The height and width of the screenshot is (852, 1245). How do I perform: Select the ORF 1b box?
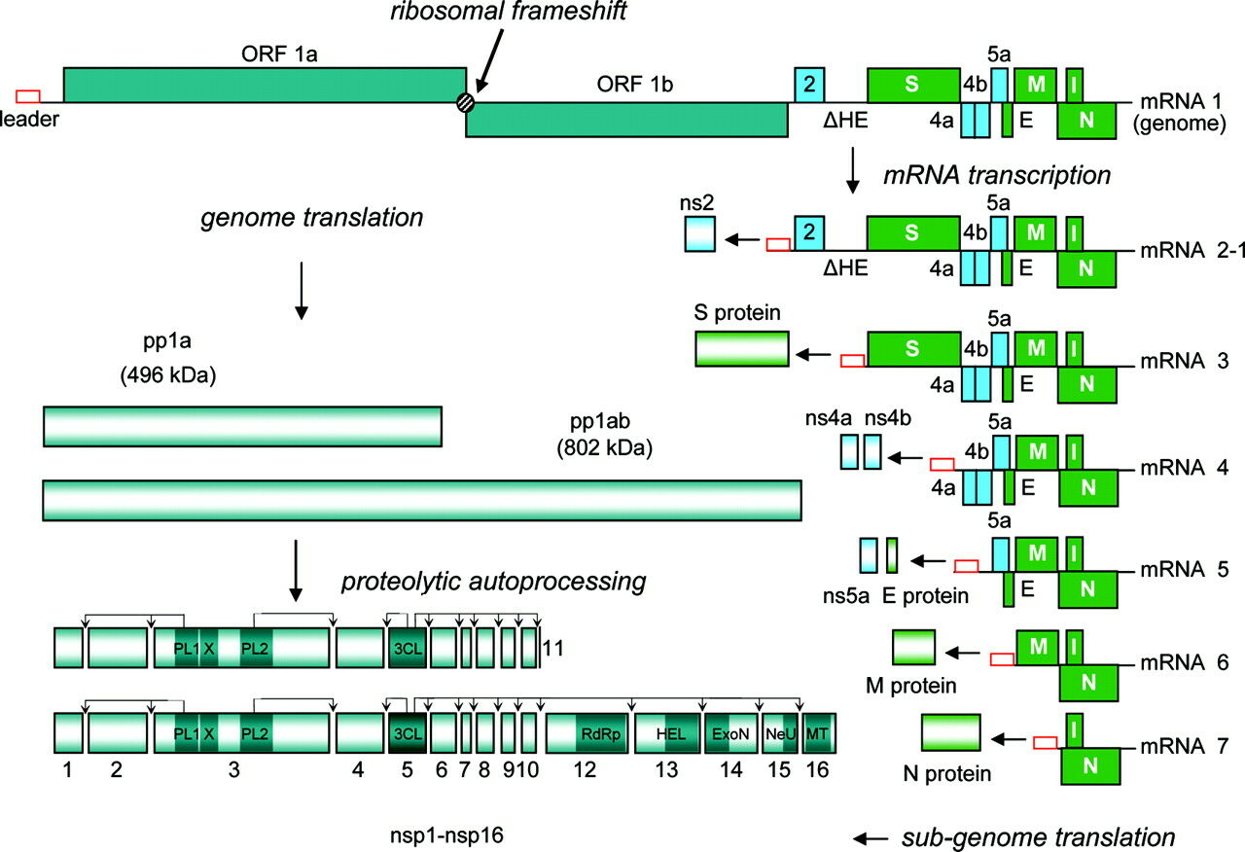tap(627, 120)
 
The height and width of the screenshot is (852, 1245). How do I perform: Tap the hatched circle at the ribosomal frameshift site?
tap(467, 101)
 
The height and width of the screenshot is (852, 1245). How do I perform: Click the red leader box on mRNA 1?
tap(28, 95)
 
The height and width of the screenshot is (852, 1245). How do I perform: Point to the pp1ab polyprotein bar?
tap(421, 499)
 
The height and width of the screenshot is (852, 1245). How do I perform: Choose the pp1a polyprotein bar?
tap(242, 426)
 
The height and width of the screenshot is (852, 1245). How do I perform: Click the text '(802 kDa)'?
tap(604, 448)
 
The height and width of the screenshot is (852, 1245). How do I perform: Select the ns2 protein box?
tap(698, 236)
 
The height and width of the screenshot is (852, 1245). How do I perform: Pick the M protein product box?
tap(913, 648)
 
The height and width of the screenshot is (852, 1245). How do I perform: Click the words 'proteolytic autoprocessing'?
tap(493, 582)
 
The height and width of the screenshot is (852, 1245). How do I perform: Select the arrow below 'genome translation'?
tap(302, 290)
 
